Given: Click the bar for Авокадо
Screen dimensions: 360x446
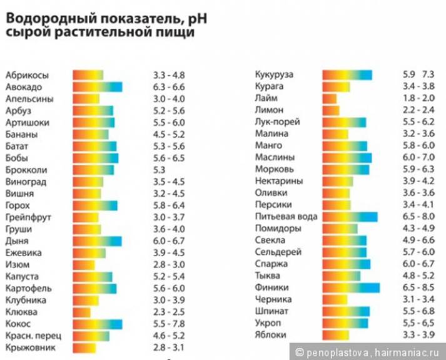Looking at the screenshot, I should coord(97,87).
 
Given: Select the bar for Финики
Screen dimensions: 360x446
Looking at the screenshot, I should coord(351,288).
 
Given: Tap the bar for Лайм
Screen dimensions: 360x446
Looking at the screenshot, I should coord(330,99).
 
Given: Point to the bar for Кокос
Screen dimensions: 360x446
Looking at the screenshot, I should coord(97,324).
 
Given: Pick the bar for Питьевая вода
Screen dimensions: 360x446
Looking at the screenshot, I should coord(350,217).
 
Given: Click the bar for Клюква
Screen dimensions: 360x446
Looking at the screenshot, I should coord(82,312).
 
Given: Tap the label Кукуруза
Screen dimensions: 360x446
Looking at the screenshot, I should coord(274,75).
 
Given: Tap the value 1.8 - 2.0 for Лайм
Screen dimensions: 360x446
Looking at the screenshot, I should coord(418,99).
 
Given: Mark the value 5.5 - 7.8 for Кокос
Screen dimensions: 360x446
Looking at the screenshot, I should coord(168,324).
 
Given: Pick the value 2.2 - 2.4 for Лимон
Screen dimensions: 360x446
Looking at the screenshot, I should coord(418,111).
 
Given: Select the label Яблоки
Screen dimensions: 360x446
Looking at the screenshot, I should coord(271,336).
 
